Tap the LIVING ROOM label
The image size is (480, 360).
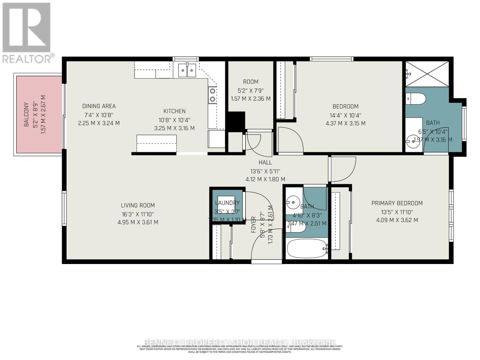[138, 205]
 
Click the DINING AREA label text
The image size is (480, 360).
[99, 106]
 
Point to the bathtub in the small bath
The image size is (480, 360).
[306, 249]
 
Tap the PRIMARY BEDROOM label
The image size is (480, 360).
[397, 203]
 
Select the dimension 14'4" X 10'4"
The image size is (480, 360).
[345, 115]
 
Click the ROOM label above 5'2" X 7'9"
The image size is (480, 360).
[250, 82]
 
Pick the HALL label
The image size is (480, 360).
[265, 163]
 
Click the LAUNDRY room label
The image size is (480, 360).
[227, 203]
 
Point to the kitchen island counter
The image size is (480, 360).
[156, 144]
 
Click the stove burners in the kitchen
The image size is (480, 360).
[212, 95]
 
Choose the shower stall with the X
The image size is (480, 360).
[427, 74]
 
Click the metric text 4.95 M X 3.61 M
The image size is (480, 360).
[138, 223]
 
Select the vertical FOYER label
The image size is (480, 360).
[253, 225]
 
